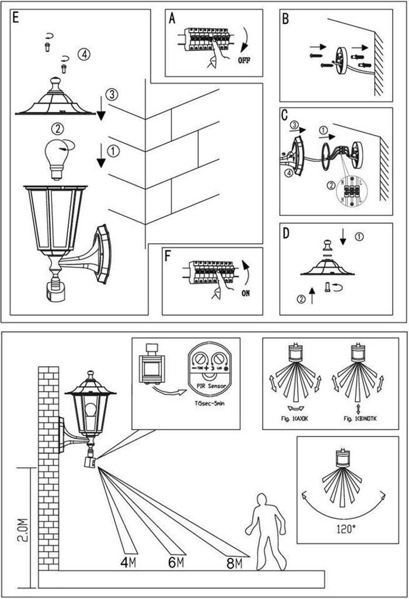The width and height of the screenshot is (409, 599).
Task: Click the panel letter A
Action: [x=172, y=19]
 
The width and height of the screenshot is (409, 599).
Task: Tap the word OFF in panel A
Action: [x=244, y=60]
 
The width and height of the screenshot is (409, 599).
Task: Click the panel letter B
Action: [x=285, y=19]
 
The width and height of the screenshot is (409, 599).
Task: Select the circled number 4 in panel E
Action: [x=84, y=55]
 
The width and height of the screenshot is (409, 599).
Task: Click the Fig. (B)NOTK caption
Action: [x=357, y=418]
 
